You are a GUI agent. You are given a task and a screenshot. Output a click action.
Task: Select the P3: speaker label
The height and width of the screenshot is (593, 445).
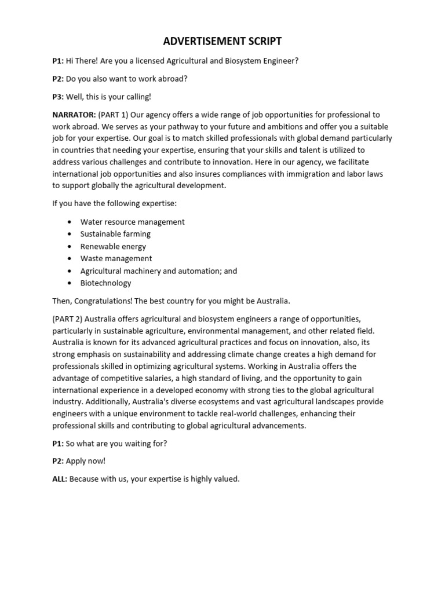pyautogui.click(x=58, y=97)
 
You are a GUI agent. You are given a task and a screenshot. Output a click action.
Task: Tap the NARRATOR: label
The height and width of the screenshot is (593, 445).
pyautogui.click(x=74, y=115)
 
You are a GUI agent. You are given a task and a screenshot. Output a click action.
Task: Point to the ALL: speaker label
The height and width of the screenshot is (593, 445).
pyautogui.click(x=60, y=479)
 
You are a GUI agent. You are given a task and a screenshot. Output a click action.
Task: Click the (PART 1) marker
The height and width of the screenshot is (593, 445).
pyautogui.click(x=113, y=115)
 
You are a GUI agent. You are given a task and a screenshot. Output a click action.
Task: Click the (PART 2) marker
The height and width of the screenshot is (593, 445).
pyautogui.click(x=67, y=319)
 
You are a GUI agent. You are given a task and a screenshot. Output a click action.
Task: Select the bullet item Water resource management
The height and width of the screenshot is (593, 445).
pyautogui.click(x=132, y=222)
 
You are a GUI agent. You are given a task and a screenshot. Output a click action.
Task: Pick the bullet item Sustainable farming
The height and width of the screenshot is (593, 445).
pyautogui.click(x=115, y=234)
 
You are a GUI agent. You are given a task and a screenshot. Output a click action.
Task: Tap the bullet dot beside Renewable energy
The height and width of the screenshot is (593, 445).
pyautogui.click(x=70, y=247)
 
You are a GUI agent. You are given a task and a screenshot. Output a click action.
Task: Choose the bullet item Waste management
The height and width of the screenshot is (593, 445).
pyautogui.click(x=116, y=258)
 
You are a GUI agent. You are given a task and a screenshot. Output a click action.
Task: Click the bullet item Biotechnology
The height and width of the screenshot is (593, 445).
pyautogui.click(x=105, y=283)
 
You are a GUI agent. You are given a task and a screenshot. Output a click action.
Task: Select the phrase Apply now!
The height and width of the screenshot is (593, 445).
pyautogui.click(x=86, y=461)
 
